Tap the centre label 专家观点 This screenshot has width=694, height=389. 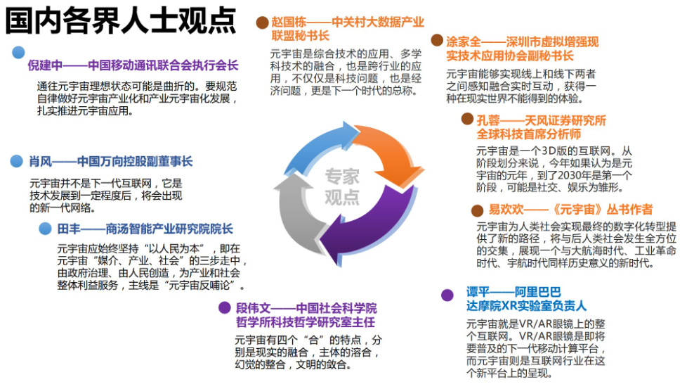click(x=342, y=186)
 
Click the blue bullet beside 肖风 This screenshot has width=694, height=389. click(x=17, y=162)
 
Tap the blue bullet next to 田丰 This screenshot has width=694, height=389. click(x=45, y=229)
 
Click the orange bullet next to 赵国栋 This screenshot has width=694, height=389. click(x=261, y=22)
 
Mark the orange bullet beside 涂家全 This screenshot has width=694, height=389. click(x=436, y=41)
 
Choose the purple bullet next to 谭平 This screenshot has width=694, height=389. click(x=447, y=295)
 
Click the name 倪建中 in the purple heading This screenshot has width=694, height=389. click(x=46, y=66)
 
